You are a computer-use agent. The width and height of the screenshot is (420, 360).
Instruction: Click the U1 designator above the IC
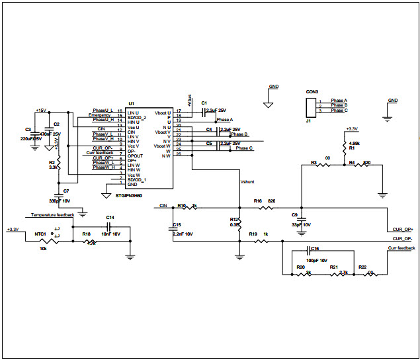point(131,104)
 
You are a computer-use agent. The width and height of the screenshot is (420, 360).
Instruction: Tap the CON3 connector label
point(312,91)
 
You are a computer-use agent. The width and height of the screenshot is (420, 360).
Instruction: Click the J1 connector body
point(309,106)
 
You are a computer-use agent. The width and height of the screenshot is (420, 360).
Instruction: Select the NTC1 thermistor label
point(40,234)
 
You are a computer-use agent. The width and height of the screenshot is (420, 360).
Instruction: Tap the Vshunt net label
point(248,181)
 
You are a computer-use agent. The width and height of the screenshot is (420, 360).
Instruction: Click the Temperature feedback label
point(52,215)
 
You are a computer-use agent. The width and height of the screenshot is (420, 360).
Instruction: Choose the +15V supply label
point(41,111)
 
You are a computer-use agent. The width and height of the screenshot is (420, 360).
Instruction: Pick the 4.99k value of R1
point(355,143)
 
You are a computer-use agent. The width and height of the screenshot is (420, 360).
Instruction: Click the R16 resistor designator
point(258,200)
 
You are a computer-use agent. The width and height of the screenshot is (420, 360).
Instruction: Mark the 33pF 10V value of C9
point(301,224)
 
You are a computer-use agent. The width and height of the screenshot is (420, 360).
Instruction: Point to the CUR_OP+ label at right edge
point(402,229)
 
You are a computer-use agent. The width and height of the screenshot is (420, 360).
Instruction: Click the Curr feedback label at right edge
point(402,247)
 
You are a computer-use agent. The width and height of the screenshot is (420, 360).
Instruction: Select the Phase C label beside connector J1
point(339,111)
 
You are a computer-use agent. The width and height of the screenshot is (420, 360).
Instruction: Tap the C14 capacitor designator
point(110,217)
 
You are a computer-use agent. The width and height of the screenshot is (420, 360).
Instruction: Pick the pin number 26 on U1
point(179,154)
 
